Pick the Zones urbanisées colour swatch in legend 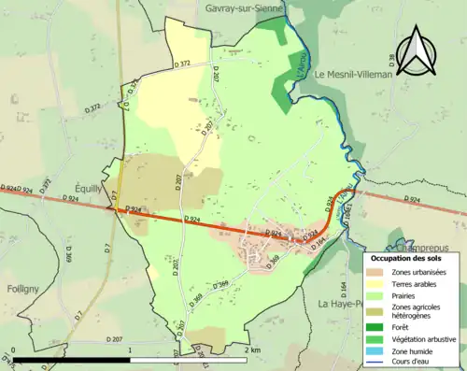pos(378,272)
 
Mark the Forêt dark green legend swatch pos(378,328)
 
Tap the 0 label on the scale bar pos(13,350)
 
